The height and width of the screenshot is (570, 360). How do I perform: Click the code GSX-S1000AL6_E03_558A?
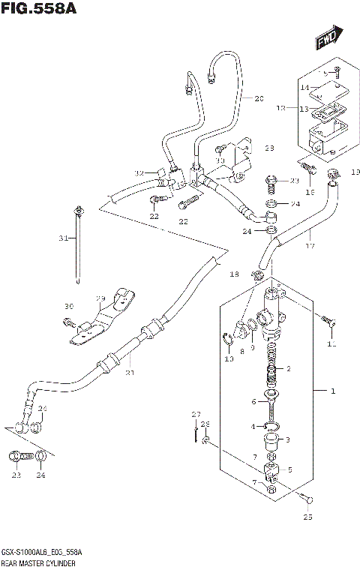pos(42,552)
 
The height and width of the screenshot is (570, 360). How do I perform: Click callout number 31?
pos(64,238)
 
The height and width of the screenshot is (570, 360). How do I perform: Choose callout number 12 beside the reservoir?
pos(281,109)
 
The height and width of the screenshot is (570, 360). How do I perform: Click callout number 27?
pos(196,415)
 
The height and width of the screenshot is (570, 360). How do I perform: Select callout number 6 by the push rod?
pos(253,402)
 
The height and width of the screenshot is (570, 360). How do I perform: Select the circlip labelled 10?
pos(229,343)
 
